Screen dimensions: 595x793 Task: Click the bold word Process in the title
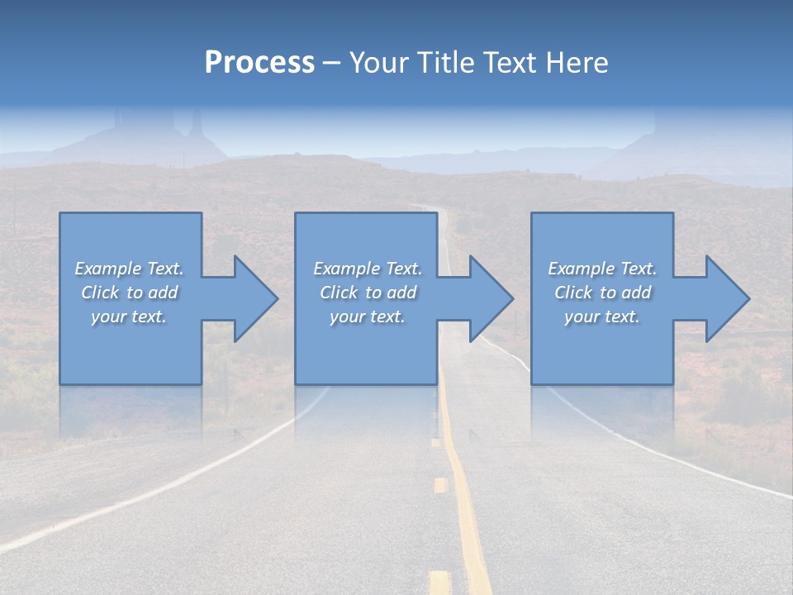click(x=259, y=63)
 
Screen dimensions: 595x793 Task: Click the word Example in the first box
click(x=107, y=269)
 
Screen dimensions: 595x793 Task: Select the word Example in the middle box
click(x=346, y=269)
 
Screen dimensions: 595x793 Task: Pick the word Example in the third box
click(x=581, y=269)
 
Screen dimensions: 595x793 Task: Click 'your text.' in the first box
click(x=129, y=317)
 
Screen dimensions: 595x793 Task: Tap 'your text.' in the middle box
click(x=367, y=317)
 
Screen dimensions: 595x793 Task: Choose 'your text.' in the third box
click(x=602, y=317)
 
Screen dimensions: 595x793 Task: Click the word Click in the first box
click(x=100, y=293)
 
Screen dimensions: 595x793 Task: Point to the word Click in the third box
click(x=573, y=293)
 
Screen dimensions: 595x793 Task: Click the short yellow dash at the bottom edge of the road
click(x=439, y=582)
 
